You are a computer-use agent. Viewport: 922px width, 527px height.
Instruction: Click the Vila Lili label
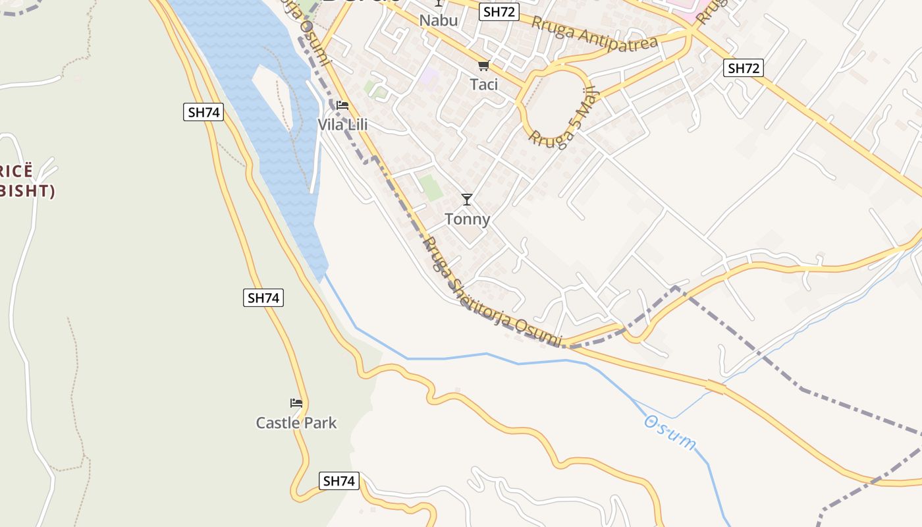(x=342, y=125)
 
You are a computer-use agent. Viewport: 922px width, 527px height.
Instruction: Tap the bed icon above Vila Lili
(x=342, y=105)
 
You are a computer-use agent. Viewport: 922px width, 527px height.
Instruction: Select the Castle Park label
(x=296, y=422)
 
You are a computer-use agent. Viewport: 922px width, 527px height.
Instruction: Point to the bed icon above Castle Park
(x=296, y=403)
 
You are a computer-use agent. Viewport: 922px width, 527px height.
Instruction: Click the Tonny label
(x=468, y=219)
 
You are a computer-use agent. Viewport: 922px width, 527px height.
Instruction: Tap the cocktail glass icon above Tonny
(x=467, y=200)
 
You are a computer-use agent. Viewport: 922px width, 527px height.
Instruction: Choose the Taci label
(x=483, y=84)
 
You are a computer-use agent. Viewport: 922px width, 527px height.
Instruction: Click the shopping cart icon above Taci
(x=483, y=65)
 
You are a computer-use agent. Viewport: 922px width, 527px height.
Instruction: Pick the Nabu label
(x=439, y=20)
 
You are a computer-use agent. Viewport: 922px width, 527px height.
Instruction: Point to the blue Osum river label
(x=670, y=433)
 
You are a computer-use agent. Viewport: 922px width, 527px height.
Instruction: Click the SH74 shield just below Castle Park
(x=339, y=481)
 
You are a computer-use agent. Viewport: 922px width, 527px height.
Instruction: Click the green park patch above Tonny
(x=431, y=188)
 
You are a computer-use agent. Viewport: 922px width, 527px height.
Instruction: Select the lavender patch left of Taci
(x=429, y=76)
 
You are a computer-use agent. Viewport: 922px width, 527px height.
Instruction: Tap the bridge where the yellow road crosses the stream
(x=715, y=387)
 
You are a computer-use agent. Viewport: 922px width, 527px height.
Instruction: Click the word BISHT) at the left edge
(x=28, y=191)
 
